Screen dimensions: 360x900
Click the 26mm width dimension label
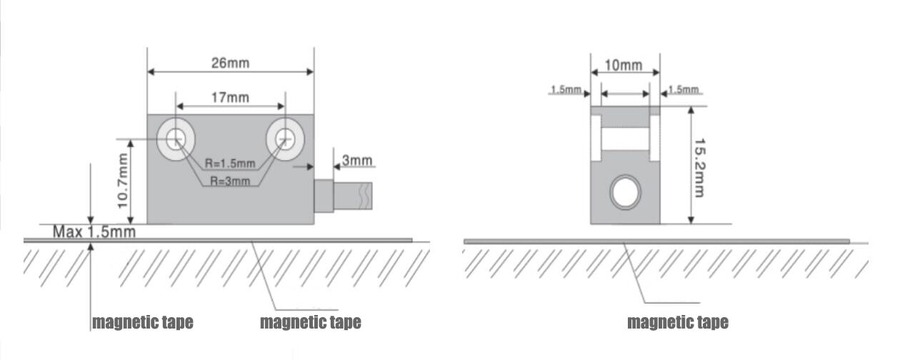[x=230, y=63]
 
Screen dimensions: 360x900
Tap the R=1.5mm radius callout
[x=229, y=164]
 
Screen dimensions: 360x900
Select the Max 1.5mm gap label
[x=94, y=232]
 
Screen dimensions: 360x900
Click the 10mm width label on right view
[x=623, y=66]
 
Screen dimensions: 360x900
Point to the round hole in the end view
[x=625, y=192]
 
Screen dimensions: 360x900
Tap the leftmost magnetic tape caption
[x=142, y=322]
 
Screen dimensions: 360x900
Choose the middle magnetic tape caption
[x=310, y=322]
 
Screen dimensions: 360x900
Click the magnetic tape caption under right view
[x=677, y=322]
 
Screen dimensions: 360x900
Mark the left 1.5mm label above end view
[x=564, y=90]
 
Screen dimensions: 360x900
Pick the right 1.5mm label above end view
[x=683, y=89]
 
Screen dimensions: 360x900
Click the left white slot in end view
[x=595, y=138]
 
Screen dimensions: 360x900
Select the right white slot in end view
[x=654, y=138]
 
